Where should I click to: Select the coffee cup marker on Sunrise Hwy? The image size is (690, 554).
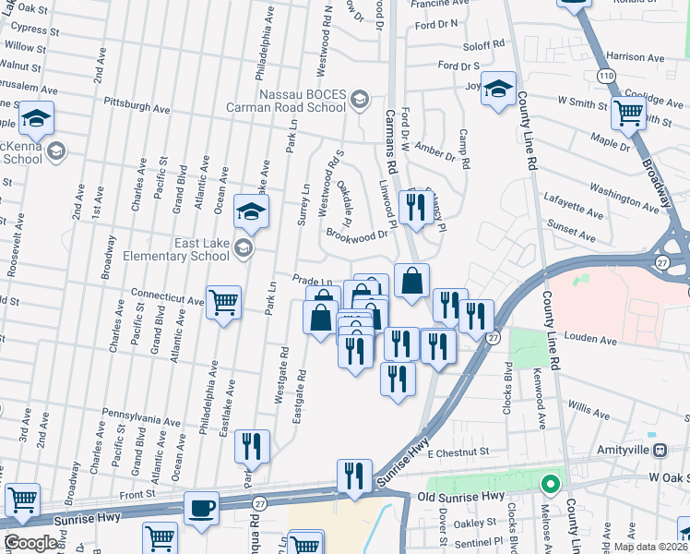[201, 509]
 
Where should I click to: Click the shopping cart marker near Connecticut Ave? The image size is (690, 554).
[224, 302]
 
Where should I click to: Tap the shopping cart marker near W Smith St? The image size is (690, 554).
[628, 114]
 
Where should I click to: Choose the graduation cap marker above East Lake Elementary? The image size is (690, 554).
[249, 211]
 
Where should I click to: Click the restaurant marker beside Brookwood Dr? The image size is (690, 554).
[415, 206]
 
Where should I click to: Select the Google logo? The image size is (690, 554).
[31, 543]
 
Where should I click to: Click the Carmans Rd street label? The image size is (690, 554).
[389, 139]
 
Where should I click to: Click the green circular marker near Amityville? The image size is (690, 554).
[551, 483]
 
